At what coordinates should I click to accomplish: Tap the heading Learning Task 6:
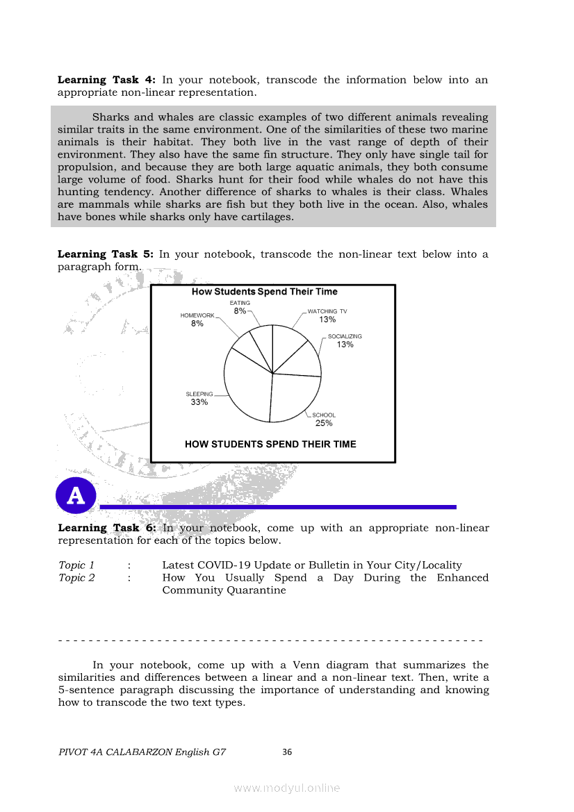(107, 528)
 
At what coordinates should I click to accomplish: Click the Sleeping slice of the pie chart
(243, 389)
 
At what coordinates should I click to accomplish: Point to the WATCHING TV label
(327, 311)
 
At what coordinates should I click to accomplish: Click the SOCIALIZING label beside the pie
(345, 336)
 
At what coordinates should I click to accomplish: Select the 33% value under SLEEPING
(199, 402)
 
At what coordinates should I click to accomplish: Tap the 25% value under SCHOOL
(324, 423)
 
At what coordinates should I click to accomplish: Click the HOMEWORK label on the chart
(197, 315)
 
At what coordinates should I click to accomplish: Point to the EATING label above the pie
(240, 303)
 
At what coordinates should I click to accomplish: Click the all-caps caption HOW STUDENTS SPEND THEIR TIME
(270, 445)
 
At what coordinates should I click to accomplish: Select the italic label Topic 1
(76, 565)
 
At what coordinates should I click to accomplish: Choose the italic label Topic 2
(76, 578)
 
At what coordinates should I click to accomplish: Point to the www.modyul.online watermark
(287, 788)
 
